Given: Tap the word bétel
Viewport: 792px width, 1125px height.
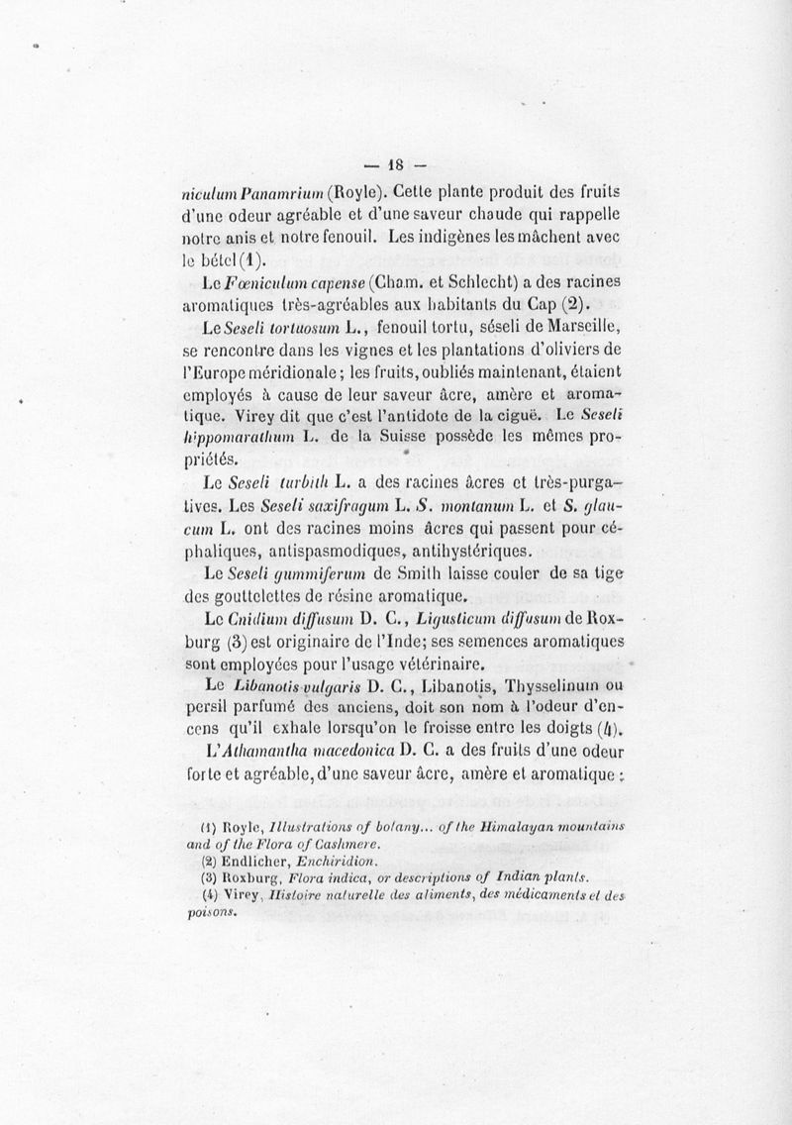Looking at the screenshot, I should tap(286, 262).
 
